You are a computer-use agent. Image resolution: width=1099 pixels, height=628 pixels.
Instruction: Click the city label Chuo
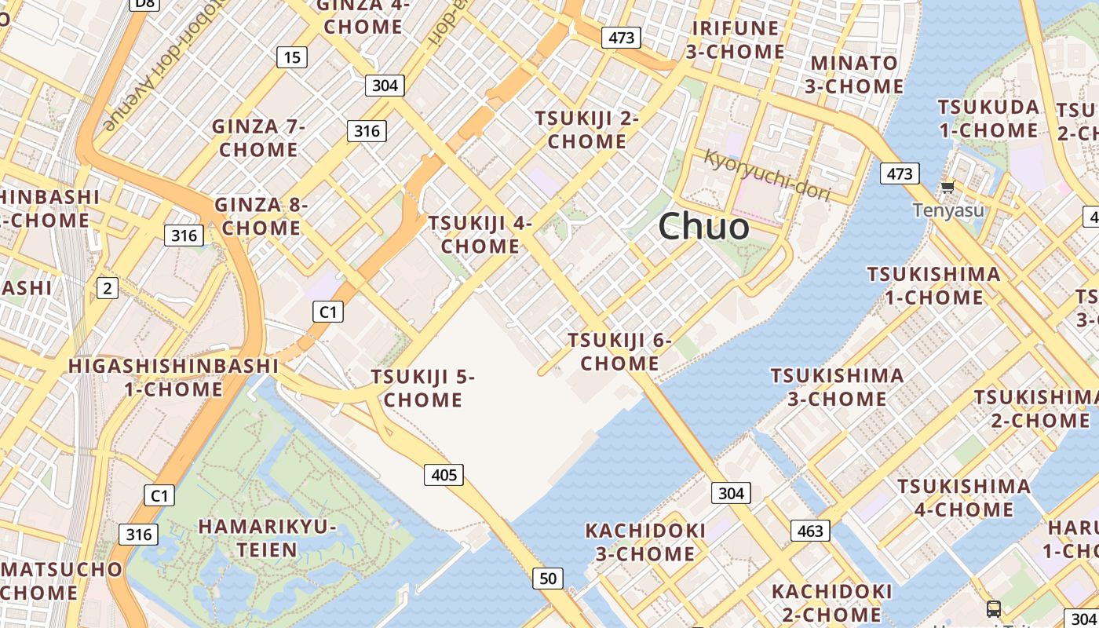(x=703, y=227)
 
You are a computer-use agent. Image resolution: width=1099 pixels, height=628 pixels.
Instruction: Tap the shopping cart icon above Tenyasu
(x=947, y=187)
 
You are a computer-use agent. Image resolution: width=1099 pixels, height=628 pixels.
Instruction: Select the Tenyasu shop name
(x=947, y=210)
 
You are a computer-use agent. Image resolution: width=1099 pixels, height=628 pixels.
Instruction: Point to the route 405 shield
(x=444, y=474)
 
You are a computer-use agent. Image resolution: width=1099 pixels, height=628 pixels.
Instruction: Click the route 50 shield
(x=547, y=579)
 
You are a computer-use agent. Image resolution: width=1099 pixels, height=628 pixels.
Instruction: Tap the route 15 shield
(x=291, y=57)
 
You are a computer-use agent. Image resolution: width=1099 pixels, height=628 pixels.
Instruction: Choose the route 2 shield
(x=107, y=288)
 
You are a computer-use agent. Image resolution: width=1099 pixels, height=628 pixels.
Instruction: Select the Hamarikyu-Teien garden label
(x=268, y=538)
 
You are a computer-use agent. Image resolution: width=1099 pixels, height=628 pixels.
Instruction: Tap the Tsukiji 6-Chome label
(x=620, y=352)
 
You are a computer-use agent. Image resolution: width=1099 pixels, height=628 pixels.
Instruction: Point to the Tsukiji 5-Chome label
(x=423, y=388)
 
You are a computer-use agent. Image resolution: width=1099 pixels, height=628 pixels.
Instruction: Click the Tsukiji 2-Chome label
(x=587, y=130)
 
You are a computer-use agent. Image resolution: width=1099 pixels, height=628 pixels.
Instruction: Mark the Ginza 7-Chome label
(x=258, y=137)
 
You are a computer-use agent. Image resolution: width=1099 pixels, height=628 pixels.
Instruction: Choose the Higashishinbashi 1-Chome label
(x=173, y=377)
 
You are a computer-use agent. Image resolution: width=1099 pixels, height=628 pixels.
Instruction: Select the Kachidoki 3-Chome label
(x=645, y=542)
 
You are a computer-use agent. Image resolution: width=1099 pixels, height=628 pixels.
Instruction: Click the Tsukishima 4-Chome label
(x=964, y=498)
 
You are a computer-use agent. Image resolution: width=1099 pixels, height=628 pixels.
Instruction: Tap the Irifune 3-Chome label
(x=736, y=40)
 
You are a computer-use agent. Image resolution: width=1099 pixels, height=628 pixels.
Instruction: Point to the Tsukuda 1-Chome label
(x=988, y=118)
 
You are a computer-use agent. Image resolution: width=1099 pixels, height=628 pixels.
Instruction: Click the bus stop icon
(x=993, y=608)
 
